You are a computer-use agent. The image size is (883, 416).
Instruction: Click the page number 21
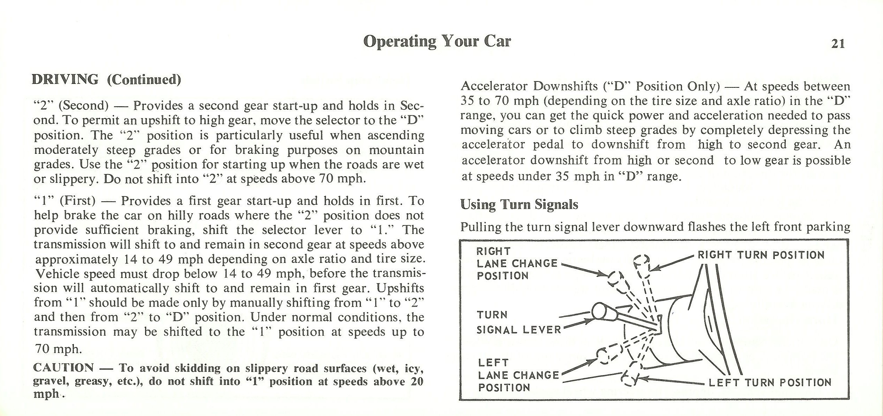point(838,44)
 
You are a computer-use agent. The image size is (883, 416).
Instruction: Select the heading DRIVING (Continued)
point(106,80)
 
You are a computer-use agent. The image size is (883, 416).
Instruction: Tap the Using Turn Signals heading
point(519,204)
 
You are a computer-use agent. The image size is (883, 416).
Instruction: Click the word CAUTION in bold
point(63,368)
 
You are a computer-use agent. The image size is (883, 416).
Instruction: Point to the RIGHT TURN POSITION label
point(761,255)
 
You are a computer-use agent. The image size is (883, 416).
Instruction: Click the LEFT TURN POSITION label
point(770,382)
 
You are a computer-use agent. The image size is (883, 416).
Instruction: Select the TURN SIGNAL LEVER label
point(518,322)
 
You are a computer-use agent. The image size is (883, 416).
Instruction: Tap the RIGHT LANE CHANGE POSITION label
point(516,263)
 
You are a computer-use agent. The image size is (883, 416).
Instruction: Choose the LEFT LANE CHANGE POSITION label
point(518,375)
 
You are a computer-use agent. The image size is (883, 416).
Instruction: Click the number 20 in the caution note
point(417,381)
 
